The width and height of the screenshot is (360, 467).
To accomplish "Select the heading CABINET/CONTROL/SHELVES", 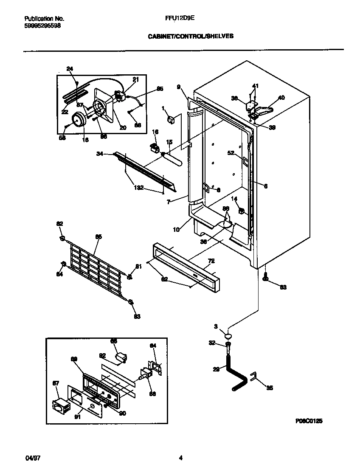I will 191,37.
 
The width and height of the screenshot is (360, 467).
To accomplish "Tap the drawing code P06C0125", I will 309,421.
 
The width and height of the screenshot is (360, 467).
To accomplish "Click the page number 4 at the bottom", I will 180,458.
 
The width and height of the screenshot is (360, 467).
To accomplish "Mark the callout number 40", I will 281,97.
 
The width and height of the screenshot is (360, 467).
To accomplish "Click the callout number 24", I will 70,68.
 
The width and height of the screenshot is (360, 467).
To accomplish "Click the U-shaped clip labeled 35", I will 253,376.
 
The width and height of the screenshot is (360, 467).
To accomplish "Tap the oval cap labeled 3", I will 228,335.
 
